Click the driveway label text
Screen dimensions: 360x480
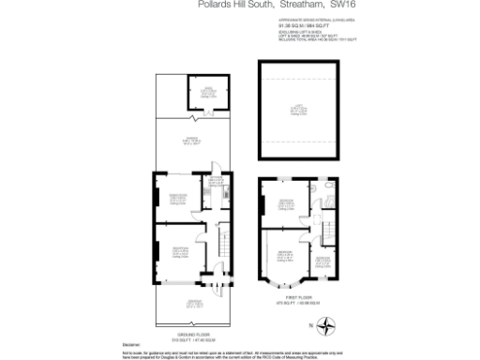pos(194,302)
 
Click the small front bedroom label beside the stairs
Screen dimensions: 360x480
pos(322,259)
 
